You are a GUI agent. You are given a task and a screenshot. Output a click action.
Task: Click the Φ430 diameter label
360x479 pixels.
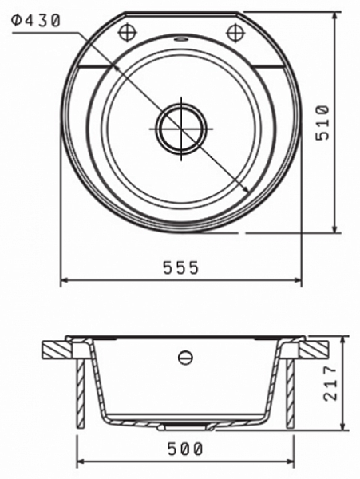(x=36, y=21)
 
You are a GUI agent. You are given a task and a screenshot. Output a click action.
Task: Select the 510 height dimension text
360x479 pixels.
(x=322, y=122)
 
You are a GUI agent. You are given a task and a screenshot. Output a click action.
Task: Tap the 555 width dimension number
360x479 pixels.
(x=180, y=267)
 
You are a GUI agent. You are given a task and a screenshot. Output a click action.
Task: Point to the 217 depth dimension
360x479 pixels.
(x=330, y=383)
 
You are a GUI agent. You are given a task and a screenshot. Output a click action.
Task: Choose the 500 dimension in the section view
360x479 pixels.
(x=185, y=449)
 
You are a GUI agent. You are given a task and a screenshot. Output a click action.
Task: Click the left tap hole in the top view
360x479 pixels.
(x=128, y=33)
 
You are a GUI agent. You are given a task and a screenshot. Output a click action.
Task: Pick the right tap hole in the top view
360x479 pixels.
(x=235, y=33)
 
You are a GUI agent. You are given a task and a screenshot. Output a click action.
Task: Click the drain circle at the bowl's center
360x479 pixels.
(x=181, y=129)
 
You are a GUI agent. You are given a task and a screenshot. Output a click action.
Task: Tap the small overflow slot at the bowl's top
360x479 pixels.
(x=180, y=39)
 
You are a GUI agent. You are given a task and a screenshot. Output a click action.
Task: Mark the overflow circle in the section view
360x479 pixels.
(x=185, y=358)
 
